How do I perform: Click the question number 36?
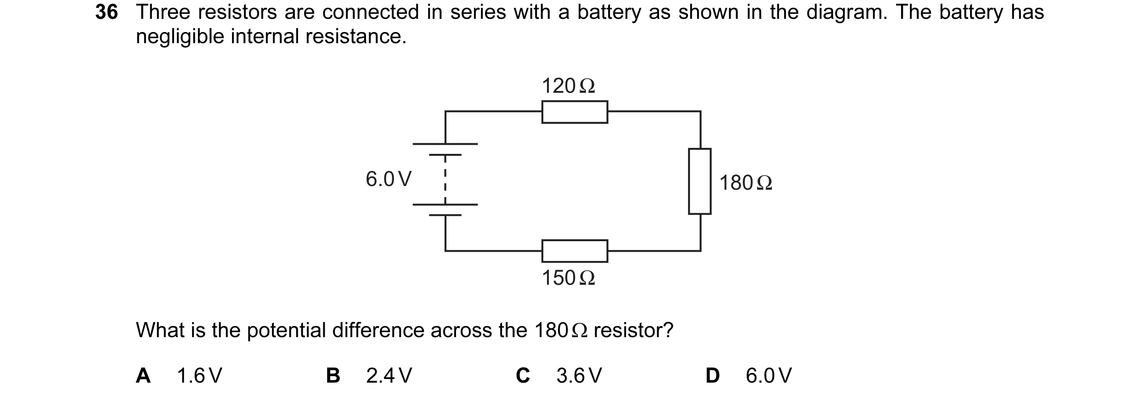coord(107,12)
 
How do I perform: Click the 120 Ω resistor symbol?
coord(575,112)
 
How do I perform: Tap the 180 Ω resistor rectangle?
coord(699,181)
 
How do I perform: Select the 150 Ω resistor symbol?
coord(575,251)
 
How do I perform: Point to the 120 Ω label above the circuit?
coord(569,86)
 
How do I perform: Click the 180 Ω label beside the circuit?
coord(746,183)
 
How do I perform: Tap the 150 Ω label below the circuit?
coord(569,278)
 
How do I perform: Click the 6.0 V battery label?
coord(389,179)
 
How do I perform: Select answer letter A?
coord(143,376)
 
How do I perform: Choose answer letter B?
coord(333,376)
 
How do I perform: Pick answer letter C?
coord(523,376)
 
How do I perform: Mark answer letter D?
coord(712,376)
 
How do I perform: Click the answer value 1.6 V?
coord(200,376)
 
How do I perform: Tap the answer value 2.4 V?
coord(389,376)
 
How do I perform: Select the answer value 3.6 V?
coord(579,376)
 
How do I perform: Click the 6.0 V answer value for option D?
coord(769,376)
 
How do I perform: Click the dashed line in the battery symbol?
coord(445,180)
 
